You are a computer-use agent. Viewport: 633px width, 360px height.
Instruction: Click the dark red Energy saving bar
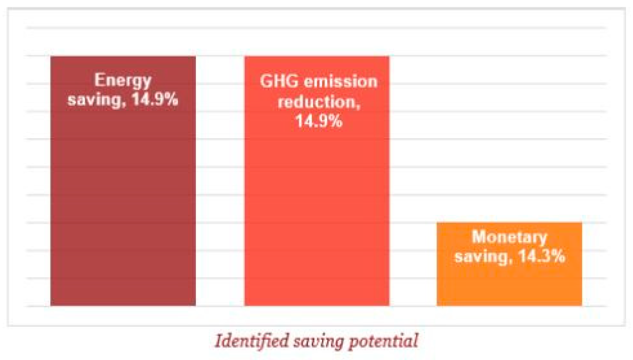(x=123, y=199)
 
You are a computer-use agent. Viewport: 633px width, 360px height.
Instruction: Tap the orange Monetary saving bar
(x=509, y=284)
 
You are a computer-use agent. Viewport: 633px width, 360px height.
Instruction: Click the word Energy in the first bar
(x=123, y=80)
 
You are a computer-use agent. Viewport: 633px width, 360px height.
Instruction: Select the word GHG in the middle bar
(x=279, y=81)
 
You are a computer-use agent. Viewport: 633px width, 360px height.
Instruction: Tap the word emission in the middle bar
(x=341, y=82)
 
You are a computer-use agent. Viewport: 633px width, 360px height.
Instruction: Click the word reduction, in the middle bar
(x=319, y=102)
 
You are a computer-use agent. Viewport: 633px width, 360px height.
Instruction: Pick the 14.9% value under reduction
(x=319, y=121)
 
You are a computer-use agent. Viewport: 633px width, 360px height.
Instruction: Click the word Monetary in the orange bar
(x=509, y=237)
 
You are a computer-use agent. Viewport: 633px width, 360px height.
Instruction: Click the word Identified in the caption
(x=252, y=340)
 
